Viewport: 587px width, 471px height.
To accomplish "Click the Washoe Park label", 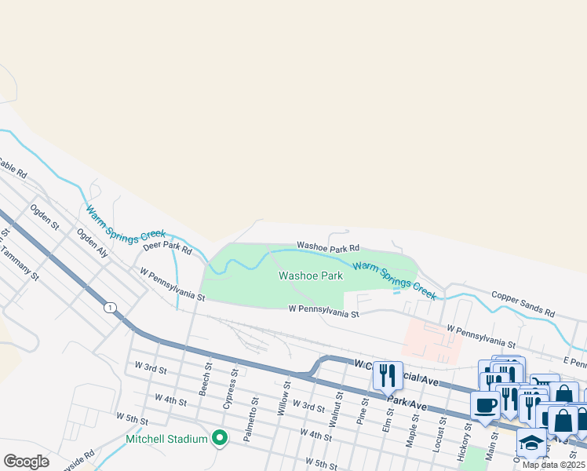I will coord(311,276).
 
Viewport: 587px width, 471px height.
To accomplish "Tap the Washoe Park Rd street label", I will coord(327,247).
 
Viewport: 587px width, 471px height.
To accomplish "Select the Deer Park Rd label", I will coord(167,248).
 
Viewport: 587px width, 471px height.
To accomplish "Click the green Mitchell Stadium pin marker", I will coord(220,438).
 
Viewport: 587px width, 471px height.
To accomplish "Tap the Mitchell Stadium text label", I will coord(166,439).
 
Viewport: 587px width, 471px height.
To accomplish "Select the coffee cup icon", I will coord(486,406).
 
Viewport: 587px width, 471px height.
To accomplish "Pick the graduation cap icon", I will coord(531,442).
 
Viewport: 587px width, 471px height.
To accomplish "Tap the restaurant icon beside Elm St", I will coord(387,375).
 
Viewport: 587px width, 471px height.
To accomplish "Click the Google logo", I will coord(26,461).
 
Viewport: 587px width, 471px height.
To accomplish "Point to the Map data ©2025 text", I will coord(554,465).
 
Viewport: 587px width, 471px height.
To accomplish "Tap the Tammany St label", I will coord(20,262).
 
